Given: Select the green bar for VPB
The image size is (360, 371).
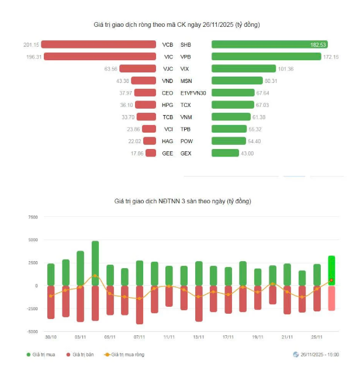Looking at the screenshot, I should pos(266,57).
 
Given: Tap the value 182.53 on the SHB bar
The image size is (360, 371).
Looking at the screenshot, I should pos(319,44).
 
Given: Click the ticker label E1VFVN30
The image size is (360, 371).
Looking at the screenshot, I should pos(193,93).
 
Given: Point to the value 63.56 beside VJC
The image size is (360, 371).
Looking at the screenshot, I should pos(110,69).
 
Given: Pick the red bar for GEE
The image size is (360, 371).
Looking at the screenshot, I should pos(151,153).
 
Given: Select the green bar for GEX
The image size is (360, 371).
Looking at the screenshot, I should pos(225,153).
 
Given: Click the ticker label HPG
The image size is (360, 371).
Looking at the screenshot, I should pos(167,105).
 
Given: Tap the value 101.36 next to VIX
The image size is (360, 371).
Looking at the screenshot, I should pos(286,69).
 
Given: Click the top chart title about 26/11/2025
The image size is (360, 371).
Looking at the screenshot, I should pos(177,25).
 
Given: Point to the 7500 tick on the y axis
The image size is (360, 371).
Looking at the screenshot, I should pos(32,217).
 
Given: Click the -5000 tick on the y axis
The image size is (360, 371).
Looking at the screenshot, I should pos(32,331).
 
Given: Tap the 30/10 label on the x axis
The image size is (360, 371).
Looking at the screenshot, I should pos(51,337).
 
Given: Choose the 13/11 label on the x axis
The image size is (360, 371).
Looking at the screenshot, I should pos(199,337).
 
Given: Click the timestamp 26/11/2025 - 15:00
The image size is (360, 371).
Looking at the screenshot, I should pos(319,355).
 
